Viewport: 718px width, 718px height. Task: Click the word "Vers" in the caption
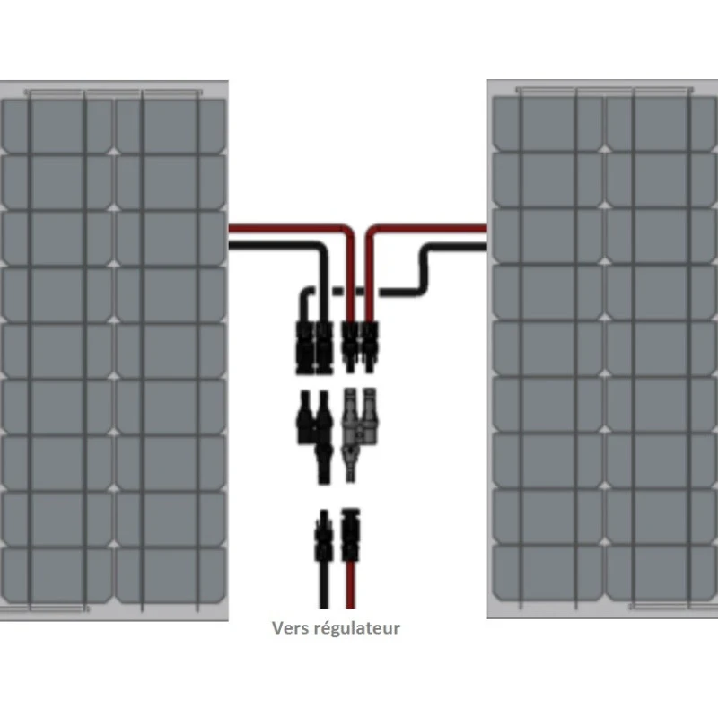point(291,628)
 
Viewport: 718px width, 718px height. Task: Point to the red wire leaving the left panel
point(269,230)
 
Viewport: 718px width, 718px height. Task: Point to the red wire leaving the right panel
point(431,230)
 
